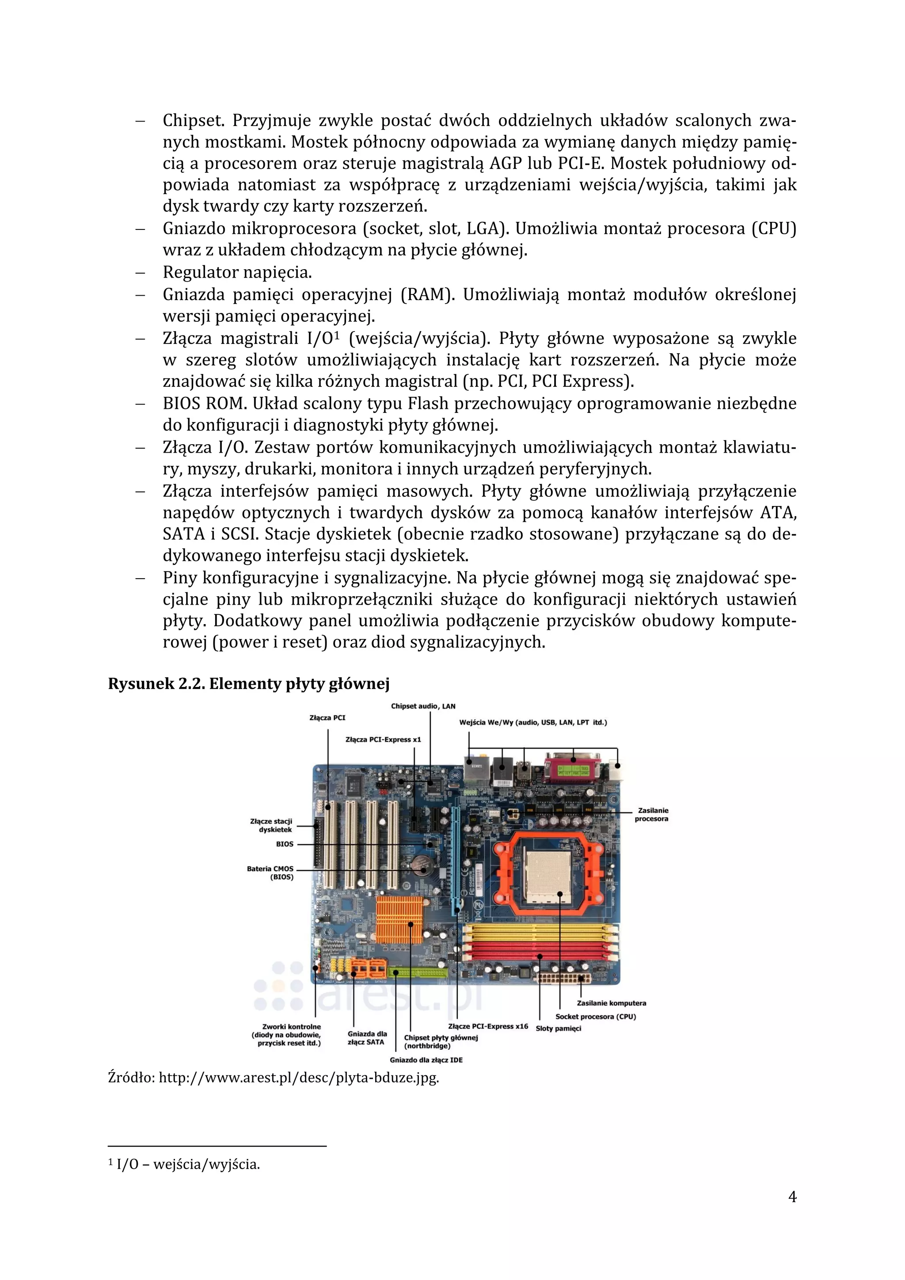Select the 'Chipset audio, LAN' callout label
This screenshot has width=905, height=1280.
[x=423, y=706]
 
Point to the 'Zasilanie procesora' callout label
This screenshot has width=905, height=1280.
[x=651, y=815]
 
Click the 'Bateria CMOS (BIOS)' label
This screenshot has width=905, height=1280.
[x=271, y=872]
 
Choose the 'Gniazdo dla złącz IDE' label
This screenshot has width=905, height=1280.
[x=426, y=1060]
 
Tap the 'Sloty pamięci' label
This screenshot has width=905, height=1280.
[x=558, y=1029]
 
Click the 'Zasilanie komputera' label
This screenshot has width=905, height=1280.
[x=611, y=1003]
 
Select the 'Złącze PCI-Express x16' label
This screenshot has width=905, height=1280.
[x=487, y=1026]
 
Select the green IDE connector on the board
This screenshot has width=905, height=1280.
[x=418, y=972]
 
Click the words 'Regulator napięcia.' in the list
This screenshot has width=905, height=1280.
[x=237, y=272]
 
